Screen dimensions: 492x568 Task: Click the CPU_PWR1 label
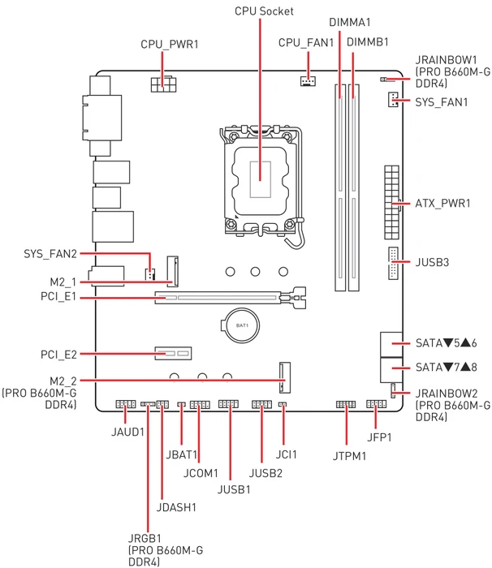pyautogui.click(x=170, y=44)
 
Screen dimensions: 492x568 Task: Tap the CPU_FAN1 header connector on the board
pyautogui.click(x=308, y=81)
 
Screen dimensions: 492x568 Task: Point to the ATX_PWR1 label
pyautogui.click(x=442, y=203)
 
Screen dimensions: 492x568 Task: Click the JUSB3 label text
pyautogui.click(x=432, y=262)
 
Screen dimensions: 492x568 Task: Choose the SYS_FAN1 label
pyautogui.click(x=441, y=102)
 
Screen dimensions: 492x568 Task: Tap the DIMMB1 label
pyautogui.click(x=367, y=42)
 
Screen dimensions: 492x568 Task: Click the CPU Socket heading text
pyautogui.click(x=264, y=11)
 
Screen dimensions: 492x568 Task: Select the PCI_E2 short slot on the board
pyautogui.click(x=173, y=353)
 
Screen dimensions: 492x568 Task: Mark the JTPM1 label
pyautogui.click(x=349, y=456)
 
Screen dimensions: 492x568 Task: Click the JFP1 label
pyautogui.click(x=379, y=437)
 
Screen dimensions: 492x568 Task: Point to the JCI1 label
pyautogui.click(x=286, y=454)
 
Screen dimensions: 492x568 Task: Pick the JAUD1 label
pyautogui.click(x=127, y=432)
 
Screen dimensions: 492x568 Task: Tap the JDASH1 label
pyautogui.click(x=176, y=507)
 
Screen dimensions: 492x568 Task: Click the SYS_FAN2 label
pyautogui.click(x=50, y=253)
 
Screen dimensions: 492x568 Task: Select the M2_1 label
pyautogui.click(x=63, y=282)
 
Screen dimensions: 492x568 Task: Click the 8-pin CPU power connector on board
pyautogui.click(x=163, y=84)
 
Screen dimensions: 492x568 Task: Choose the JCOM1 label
pyautogui.click(x=201, y=473)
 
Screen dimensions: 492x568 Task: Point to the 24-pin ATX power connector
pyautogui.click(x=391, y=202)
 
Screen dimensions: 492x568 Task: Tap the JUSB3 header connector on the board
pyautogui.click(x=393, y=264)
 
